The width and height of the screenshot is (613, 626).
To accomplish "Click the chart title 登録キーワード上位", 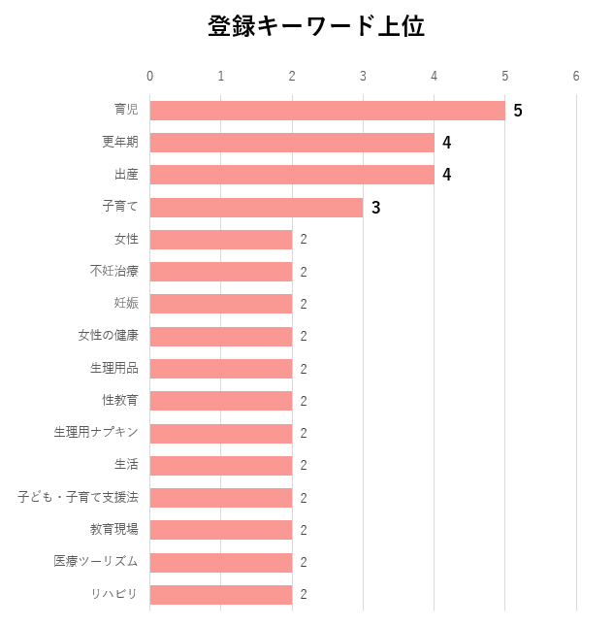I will coord(316,27).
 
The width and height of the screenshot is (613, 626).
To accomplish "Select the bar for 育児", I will coord(327,111).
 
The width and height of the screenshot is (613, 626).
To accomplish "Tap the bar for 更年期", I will coord(292,143).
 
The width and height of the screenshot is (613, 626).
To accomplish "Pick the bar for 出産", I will coord(292,175).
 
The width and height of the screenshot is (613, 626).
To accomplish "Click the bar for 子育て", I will coord(256,207).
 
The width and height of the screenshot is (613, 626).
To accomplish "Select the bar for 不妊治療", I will coord(221,272).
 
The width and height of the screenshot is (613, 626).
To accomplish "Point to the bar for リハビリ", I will coord(221,594).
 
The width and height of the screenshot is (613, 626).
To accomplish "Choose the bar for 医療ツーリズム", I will coord(221,562).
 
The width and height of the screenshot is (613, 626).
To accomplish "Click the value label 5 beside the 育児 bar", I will coord(518,111).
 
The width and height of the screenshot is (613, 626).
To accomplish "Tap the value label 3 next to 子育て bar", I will coord(375,208).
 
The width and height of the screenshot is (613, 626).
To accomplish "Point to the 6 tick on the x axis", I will coord(576,77).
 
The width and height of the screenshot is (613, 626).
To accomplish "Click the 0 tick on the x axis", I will coord(149,77).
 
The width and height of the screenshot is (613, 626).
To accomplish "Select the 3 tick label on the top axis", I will coord(363,77).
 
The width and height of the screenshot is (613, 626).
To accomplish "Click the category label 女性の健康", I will coord(109,336).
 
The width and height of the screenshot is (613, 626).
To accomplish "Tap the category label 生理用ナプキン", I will coord(96,432).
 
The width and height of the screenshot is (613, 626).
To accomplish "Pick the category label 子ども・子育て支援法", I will coord(78,497).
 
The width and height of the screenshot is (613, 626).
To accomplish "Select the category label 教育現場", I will coord(114,529).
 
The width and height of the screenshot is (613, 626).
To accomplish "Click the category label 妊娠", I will coord(126,303).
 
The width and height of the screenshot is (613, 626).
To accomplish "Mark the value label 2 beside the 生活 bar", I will coord(304,465).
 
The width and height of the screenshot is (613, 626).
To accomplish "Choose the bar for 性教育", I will coord(221,401).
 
